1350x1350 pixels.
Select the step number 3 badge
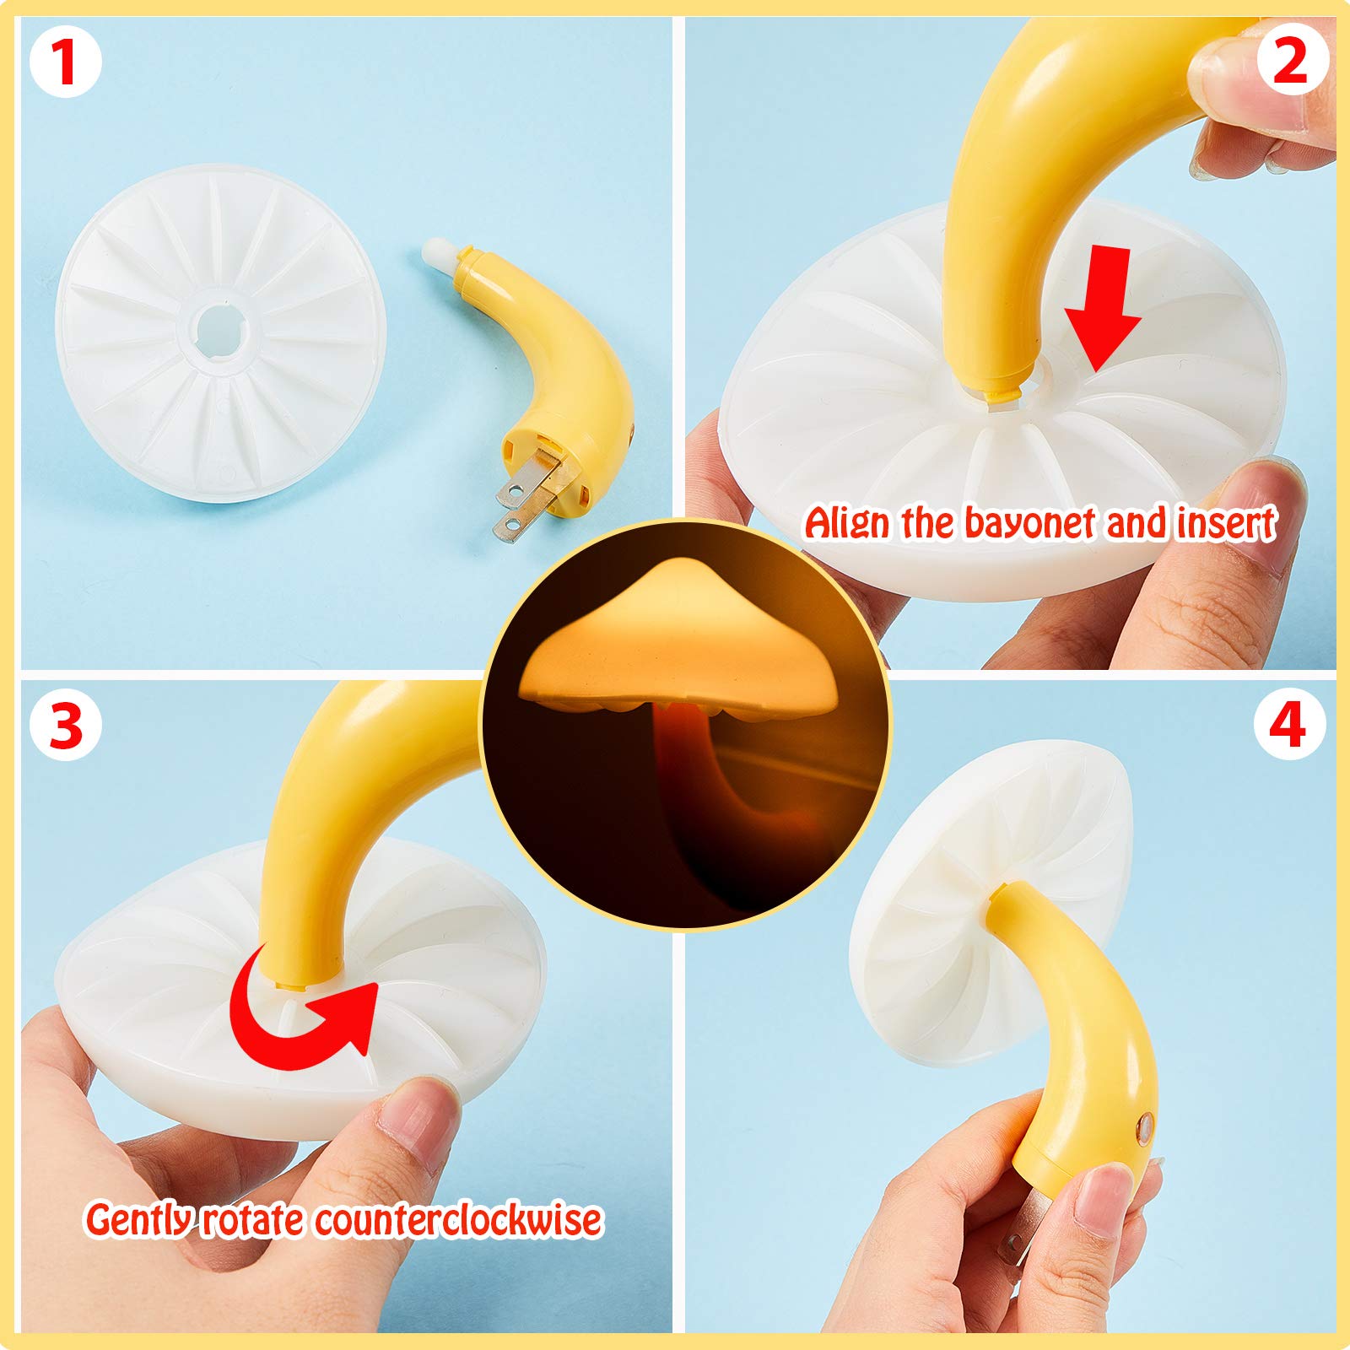point(66,725)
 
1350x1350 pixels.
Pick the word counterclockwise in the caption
point(458,1220)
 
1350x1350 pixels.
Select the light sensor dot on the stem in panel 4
point(1146,1125)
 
